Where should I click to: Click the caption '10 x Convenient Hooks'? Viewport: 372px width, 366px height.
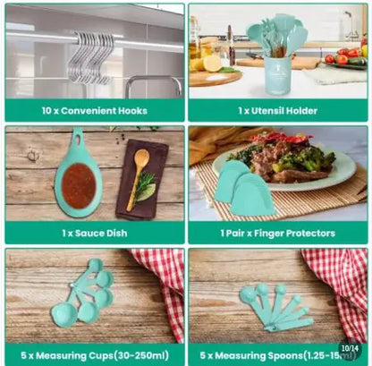94,111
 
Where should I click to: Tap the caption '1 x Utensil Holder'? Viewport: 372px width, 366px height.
276,111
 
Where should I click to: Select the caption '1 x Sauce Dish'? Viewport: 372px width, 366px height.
94,233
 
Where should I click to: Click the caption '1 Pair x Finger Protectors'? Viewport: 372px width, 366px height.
276,233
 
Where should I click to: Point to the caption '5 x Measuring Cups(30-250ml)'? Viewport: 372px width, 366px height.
94,354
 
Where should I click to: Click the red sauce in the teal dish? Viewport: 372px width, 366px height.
79,185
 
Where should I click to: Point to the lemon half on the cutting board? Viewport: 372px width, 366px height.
213,63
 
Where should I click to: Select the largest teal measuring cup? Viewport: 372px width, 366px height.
64,314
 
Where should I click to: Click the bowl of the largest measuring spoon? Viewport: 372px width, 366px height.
249,294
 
